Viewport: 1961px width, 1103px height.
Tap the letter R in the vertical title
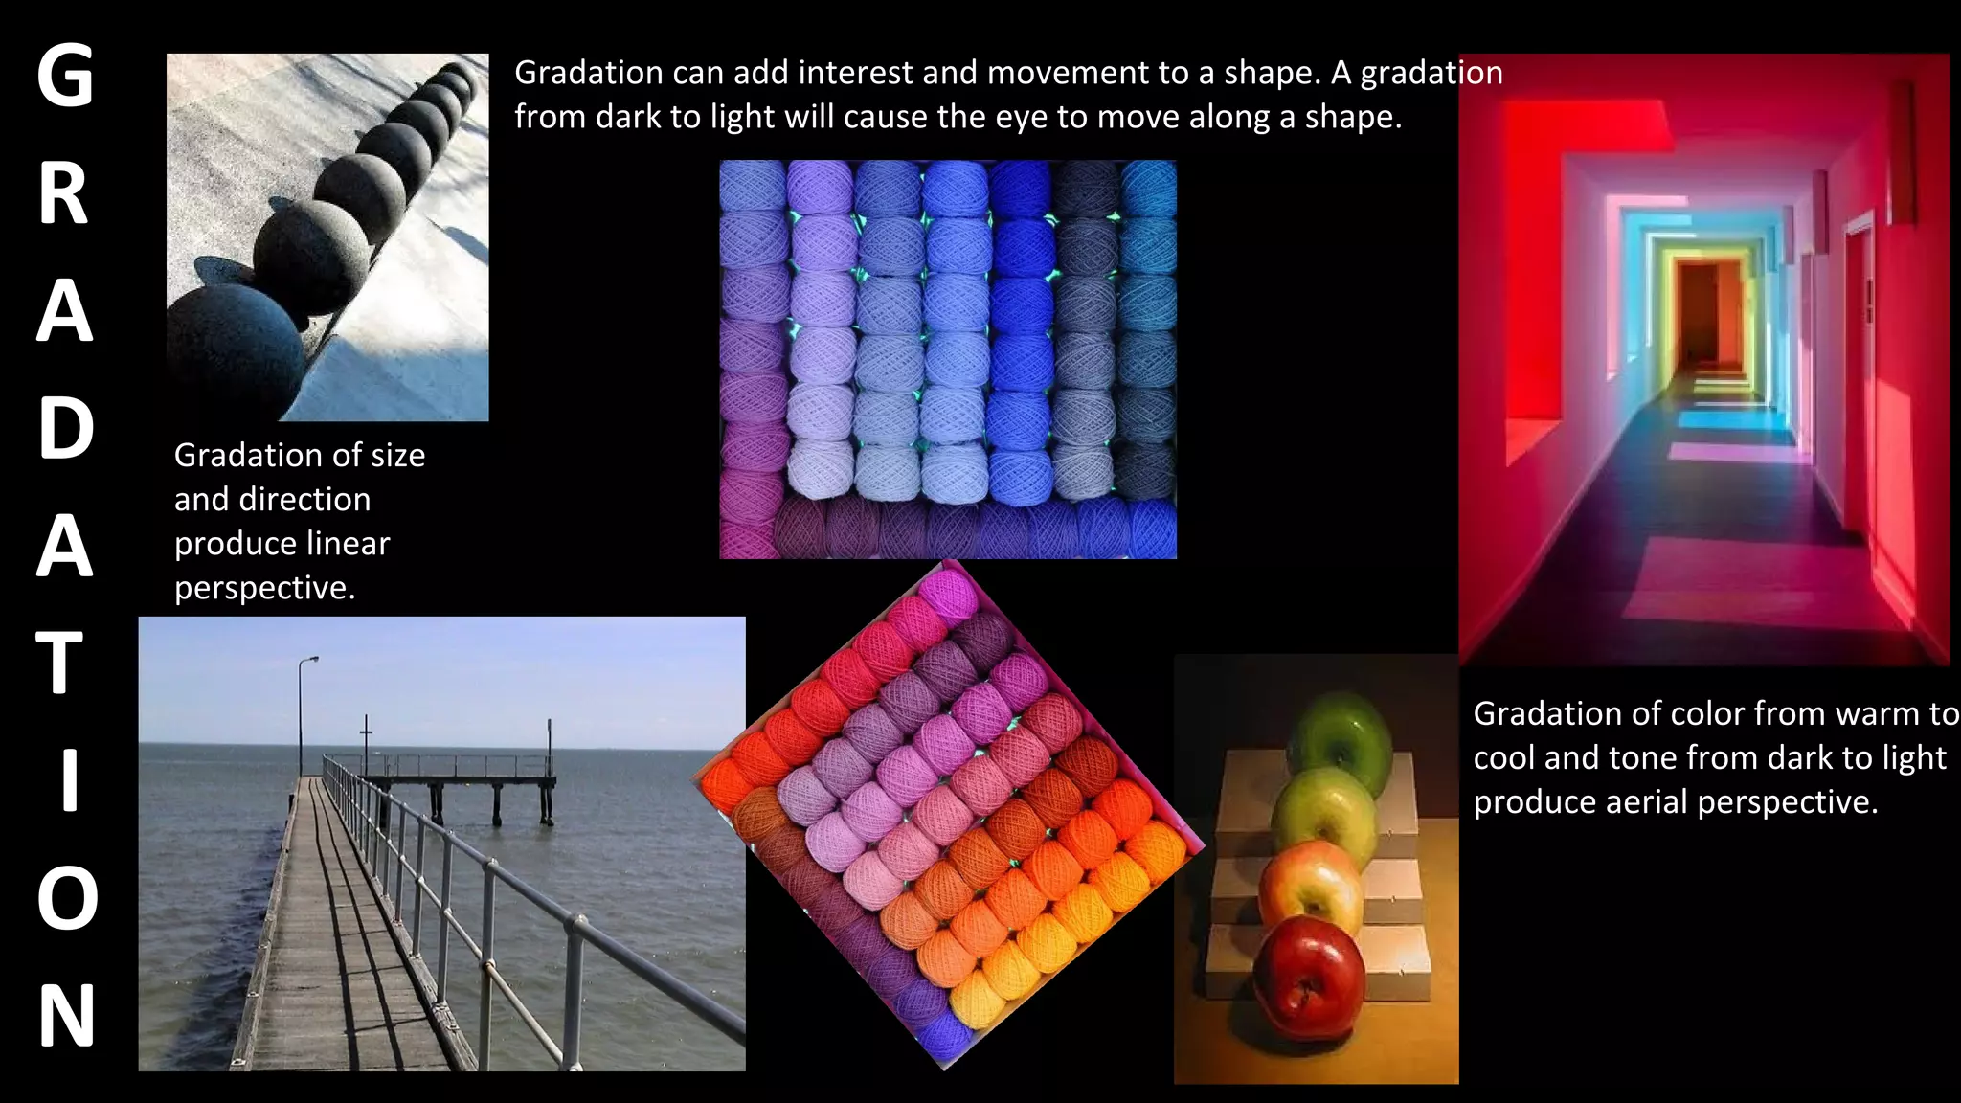[x=64, y=194]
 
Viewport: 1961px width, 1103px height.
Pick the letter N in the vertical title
[x=66, y=1016]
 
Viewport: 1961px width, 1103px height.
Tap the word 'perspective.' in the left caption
[x=264, y=588]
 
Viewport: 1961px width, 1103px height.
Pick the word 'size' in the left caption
[x=398, y=456]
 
